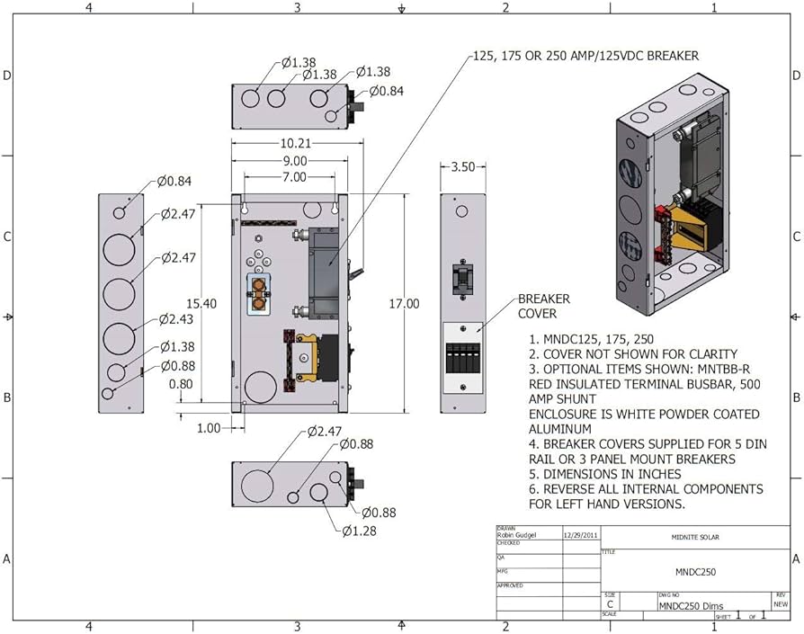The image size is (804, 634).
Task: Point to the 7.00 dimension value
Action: [292, 178]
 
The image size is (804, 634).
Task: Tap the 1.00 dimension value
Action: [208, 428]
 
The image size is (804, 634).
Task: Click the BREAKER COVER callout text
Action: [543, 306]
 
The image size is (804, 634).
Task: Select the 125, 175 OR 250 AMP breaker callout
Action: [585, 56]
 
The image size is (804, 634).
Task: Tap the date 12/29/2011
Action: [580, 534]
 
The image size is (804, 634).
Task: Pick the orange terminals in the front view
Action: [259, 294]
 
